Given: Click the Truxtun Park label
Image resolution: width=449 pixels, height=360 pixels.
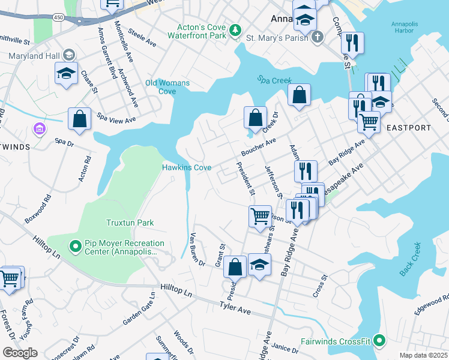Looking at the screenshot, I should click(130, 223).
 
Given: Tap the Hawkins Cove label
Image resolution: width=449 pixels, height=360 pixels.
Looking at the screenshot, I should click(187, 167).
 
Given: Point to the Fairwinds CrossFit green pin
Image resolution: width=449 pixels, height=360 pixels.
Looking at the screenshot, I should click(379, 341).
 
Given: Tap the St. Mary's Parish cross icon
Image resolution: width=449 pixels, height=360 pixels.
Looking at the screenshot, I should click(318, 37).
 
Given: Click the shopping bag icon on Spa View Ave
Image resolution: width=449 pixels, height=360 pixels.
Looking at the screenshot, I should click(79, 119).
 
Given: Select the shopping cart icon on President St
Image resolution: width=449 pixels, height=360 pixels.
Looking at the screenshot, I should click(259, 215).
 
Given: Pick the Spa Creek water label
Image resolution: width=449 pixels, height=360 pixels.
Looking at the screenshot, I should click(274, 80).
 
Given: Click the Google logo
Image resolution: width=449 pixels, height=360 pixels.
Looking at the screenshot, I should click(19, 353).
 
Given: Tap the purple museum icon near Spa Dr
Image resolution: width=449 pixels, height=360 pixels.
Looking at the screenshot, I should click(40, 129).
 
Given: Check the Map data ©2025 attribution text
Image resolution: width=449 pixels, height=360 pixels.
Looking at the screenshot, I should click(423, 355).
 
